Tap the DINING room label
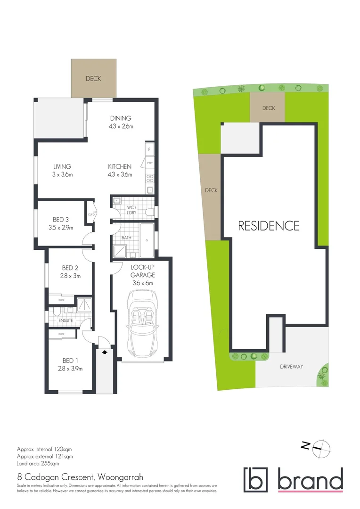(x=121, y=118)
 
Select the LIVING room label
(x=62, y=166)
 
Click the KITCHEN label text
(x=120, y=166)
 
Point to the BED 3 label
(x=61, y=219)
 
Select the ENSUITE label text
(x=66, y=320)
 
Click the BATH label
(x=126, y=238)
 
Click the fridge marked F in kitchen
(x=149, y=149)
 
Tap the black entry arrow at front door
(x=105, y=351)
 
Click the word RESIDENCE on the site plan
(x=269, y=226)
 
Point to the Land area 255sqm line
(x=39, y=464)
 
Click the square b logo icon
(x=255, y=479)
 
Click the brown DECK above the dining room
(x=93, y=79)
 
